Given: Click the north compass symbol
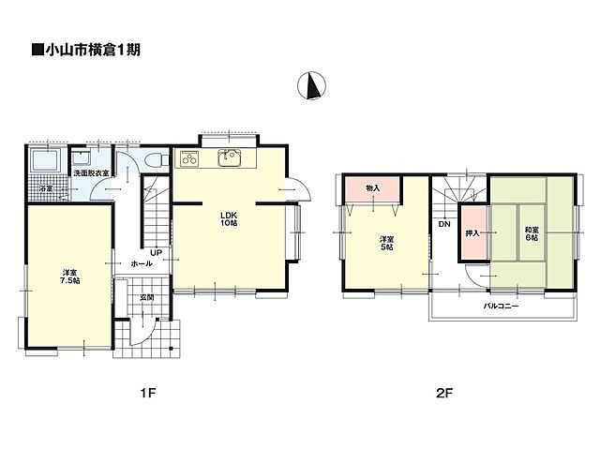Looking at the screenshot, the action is (312, 85).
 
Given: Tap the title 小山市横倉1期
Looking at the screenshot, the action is (86, 50).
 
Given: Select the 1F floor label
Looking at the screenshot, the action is (148, 393).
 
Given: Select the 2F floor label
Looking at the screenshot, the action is (444, 393).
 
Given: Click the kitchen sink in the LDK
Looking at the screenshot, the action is (229, 158).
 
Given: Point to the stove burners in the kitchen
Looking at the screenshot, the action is (189, 158).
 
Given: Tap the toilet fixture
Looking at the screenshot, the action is (157, 159).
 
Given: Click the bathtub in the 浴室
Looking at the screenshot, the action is (45, 160).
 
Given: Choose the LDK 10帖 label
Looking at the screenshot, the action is (229, 218).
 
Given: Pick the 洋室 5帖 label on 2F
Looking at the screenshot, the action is (386, 243).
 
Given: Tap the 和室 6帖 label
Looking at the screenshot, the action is (532, 233).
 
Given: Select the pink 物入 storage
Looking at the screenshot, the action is (373, 188).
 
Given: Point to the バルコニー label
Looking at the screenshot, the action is (501, 306).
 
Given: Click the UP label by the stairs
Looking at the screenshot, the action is (156, 252).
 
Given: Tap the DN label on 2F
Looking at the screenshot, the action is (444, 224).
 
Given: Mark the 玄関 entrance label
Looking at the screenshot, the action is (147, 297).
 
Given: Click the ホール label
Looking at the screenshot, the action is (142, 263).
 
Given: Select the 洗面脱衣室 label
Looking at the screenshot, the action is (91, 172).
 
